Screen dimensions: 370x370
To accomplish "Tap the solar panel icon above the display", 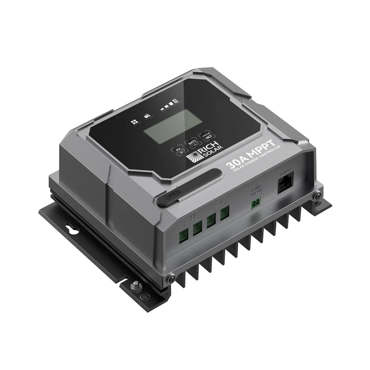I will [x=134, y=122].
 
